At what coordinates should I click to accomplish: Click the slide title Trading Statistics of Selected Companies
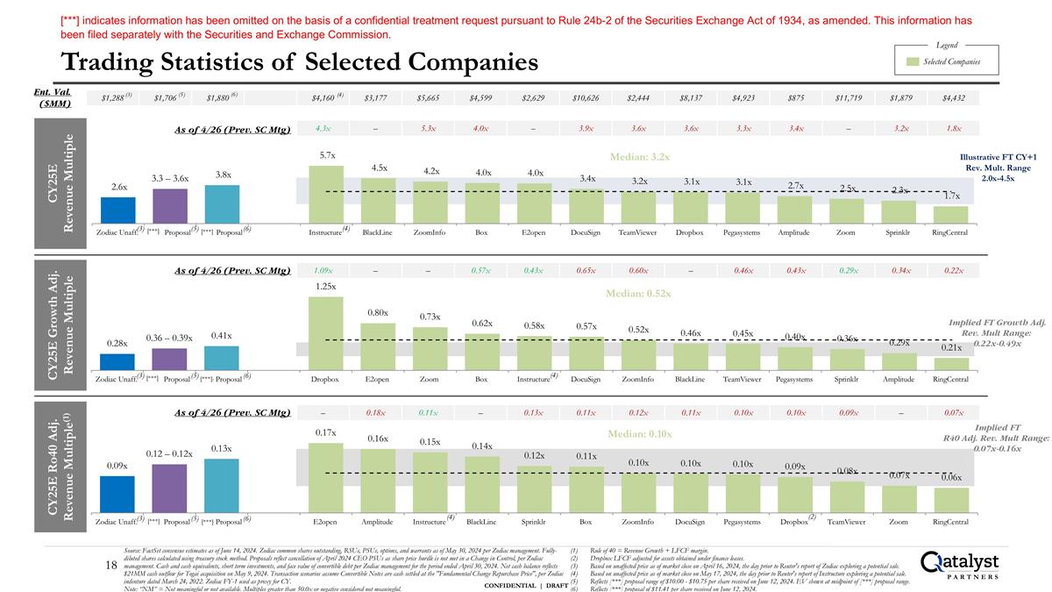click(299, 62)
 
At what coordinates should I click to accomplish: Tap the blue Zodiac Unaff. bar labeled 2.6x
click(118, 210)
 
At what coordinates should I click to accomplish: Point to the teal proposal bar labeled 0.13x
click(222, 495)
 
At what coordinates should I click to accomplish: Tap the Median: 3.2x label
click(641, 158)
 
